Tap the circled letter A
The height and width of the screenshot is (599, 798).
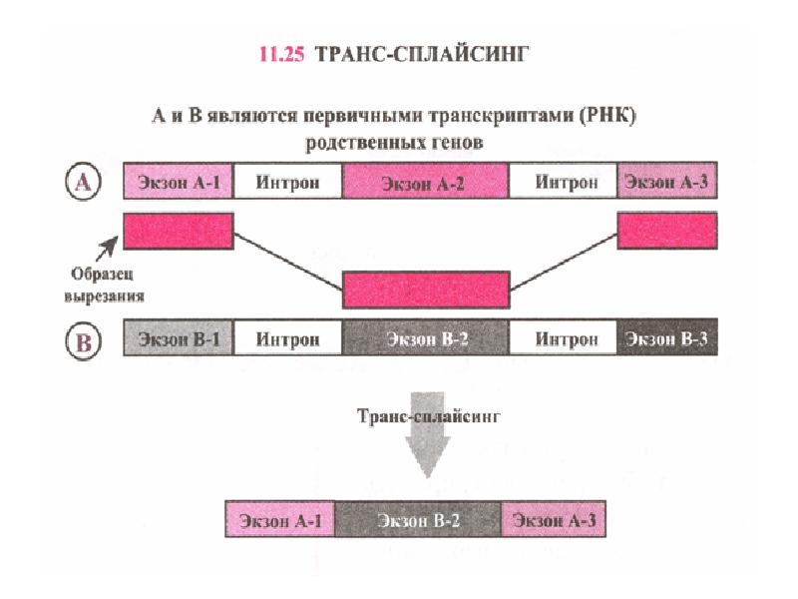(x=84, y=182)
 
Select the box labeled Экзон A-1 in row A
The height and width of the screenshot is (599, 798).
(x=179, y=182)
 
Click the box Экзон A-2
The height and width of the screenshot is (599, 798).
(x=426, y=182)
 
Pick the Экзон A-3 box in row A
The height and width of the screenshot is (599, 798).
(x=666, y=182)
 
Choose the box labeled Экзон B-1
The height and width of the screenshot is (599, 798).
(x=179, y=339)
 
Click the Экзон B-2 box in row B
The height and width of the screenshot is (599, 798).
(x=426, y=339)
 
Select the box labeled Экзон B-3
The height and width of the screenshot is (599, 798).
(x=666, y=339)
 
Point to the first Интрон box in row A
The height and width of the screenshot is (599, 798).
(x=288, y=182)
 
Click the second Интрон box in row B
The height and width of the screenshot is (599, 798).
(x=565, y=339)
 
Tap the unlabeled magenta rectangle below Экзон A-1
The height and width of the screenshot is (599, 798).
(x=179, y=231)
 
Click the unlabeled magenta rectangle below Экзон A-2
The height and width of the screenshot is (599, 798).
(x=426, y=289)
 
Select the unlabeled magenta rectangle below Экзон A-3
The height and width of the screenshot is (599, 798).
(x=666, y=231)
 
